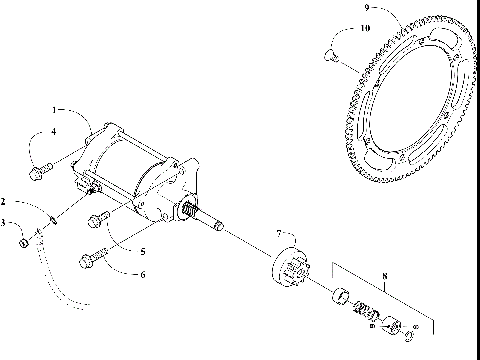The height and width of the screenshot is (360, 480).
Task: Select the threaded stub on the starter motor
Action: [185, 208]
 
